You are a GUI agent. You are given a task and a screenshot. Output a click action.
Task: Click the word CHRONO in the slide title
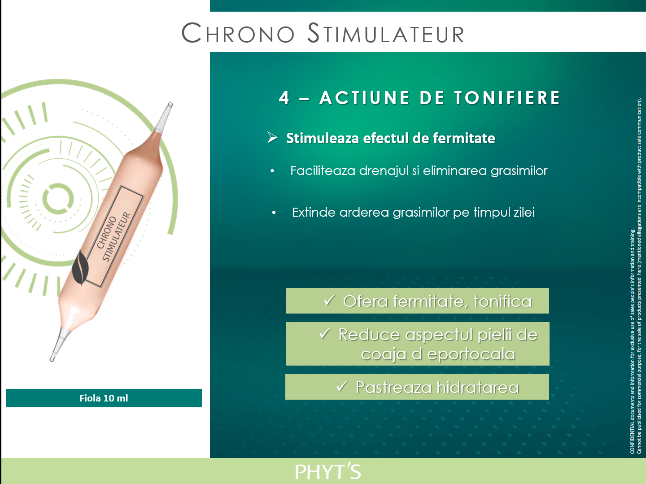(238, 33)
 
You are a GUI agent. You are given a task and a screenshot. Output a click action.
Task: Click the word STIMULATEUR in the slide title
(386, 33)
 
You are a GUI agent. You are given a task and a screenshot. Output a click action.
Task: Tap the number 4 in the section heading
(284, 98)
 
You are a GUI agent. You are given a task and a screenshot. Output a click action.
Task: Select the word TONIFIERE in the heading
(507, 98)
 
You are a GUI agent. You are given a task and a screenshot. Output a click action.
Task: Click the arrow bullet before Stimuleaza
(272, 137)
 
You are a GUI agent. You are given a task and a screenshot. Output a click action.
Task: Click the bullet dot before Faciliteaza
(272, 171)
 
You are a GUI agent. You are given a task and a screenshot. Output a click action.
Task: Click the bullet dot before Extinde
(274, 213)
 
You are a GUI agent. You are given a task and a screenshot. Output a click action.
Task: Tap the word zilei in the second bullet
(524, 213)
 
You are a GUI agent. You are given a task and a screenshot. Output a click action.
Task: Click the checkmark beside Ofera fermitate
(329, 300)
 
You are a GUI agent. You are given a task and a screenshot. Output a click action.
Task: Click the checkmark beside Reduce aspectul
(325, 333)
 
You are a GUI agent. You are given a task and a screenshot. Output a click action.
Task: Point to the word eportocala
(471, 354)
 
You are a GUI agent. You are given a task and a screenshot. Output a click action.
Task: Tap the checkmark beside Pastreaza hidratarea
(342, 386)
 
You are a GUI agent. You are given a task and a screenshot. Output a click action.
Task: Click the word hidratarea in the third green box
(478, 387)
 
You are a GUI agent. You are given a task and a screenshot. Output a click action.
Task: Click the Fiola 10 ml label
(104, 398)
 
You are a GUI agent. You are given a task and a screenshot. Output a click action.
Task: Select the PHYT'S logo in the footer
(328, 471)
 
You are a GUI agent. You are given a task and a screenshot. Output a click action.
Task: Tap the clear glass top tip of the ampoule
(164, 116)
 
